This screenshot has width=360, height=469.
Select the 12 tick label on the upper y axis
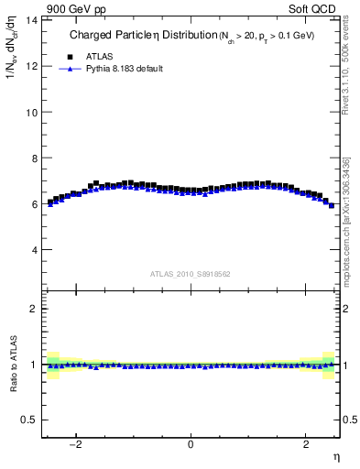point(32,66)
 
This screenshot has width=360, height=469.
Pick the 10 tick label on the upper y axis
point(32,112)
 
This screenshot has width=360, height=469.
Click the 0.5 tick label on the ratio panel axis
point(30,420)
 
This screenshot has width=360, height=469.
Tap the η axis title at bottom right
point(335,456)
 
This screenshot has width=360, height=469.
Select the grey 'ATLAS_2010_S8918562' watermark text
point(191,273)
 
